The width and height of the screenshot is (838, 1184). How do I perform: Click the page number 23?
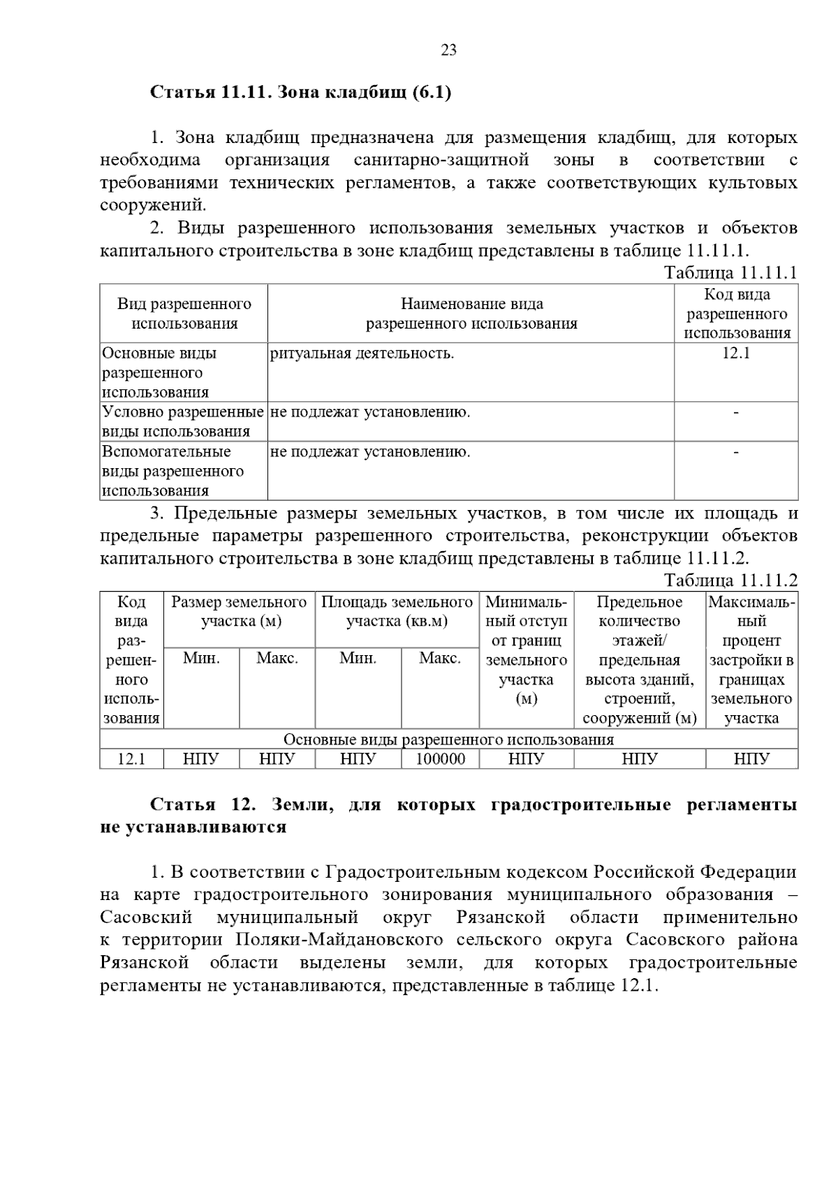(448, 50)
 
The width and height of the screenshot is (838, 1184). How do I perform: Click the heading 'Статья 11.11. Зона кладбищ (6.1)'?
(301, 92)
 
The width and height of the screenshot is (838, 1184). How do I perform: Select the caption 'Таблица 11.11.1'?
(730, 272)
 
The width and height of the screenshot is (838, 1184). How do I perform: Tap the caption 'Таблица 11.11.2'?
(730, 580)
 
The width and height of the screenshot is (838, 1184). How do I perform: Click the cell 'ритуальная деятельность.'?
(362, 354)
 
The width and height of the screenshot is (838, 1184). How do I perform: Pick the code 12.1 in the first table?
(736, 353)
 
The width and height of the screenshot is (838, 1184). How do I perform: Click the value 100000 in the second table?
(440, 759)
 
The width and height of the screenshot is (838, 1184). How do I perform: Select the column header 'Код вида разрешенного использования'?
(736, 314)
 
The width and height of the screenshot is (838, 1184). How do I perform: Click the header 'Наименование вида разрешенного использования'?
(471, 314)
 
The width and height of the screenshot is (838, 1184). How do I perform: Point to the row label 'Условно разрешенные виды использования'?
(183, 421)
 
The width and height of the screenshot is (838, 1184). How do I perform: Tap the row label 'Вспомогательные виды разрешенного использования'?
(173, 471)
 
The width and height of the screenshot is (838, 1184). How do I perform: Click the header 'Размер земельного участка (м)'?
(239, 611)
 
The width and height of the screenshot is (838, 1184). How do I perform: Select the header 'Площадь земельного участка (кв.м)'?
(397, 611)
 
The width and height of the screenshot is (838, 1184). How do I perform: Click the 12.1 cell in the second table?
(131, 759)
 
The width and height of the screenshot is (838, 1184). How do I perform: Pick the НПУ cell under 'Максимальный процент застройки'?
(751, 759)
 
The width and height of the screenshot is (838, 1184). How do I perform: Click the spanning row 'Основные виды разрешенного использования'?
(448, 740)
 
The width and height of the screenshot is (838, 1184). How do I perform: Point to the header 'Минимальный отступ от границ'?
(526, 621)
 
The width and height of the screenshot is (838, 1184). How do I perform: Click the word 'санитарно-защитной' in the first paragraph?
(441, 160)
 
